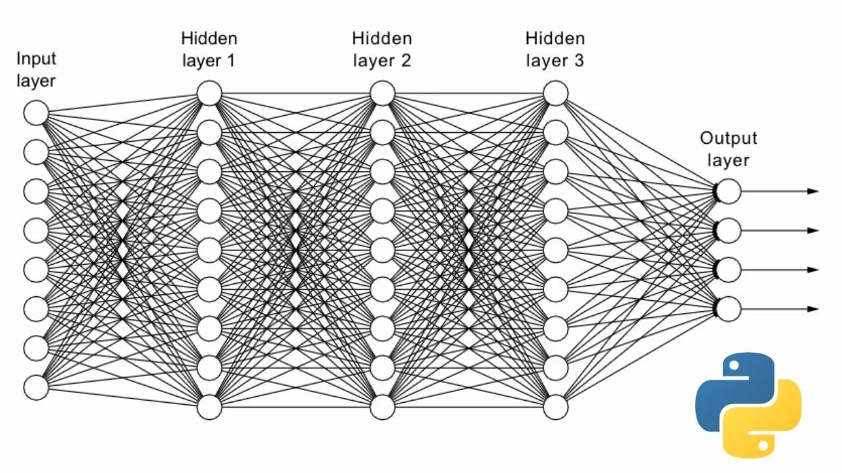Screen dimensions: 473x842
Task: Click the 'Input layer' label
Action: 36,70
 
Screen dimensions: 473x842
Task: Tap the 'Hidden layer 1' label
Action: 209,49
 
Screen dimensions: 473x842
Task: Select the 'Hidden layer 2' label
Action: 382,49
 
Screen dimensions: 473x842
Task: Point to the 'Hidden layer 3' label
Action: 555,49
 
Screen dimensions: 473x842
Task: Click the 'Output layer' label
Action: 728,149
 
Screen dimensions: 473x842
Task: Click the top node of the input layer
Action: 36,113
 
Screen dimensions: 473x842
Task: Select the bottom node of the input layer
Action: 36,386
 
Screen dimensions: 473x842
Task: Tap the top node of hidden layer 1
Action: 209,93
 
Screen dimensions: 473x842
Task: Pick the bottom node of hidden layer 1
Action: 209,407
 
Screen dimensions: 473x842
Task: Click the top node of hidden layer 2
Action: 382,93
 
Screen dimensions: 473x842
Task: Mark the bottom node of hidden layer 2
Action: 382,407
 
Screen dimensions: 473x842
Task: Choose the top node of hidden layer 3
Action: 555,93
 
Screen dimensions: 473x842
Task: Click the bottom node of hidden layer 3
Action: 555,407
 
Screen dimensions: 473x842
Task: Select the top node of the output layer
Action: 728,191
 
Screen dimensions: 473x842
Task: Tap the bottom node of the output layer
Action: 728,309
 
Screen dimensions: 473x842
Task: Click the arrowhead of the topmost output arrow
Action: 814,191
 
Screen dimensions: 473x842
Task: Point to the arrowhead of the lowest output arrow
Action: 814,309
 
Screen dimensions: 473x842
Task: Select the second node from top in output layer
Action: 728,231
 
